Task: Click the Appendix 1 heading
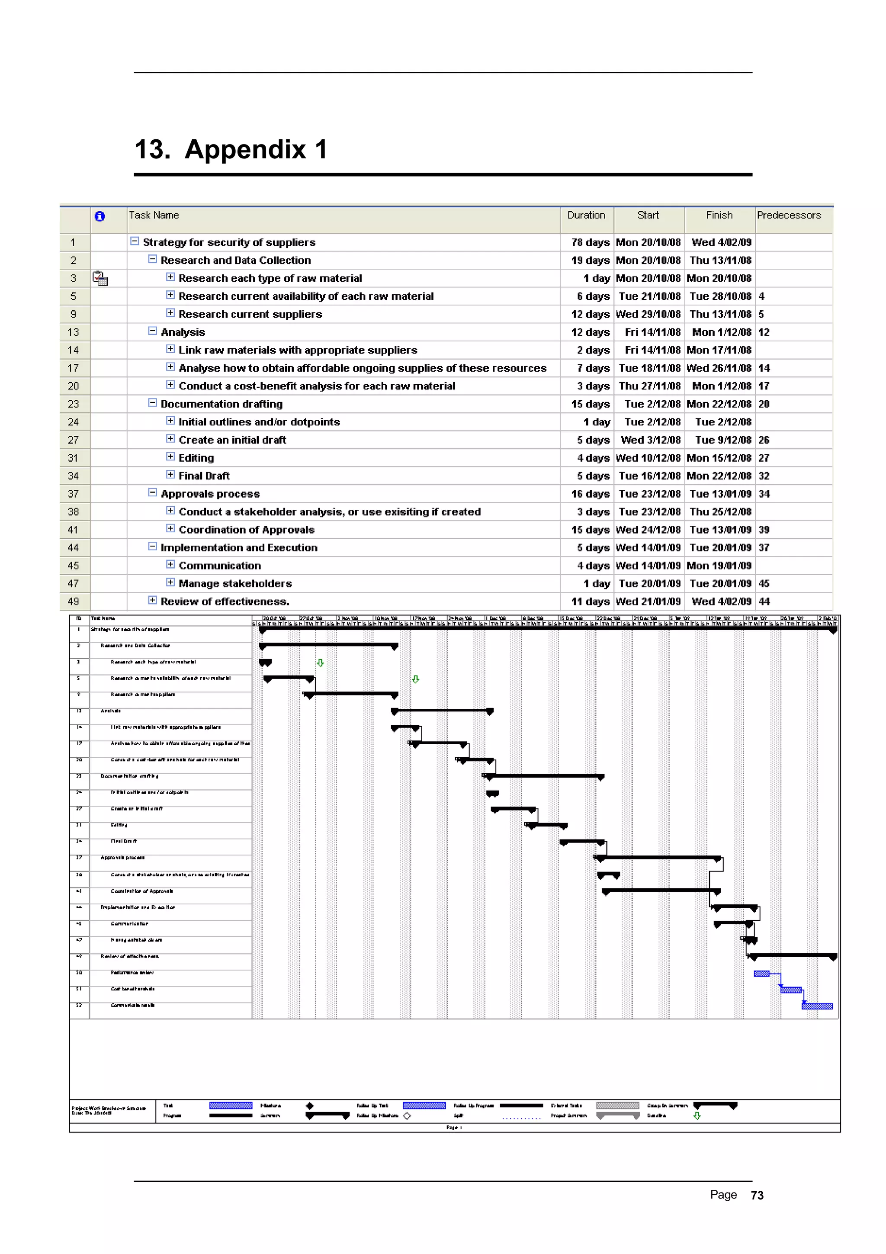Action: coord(231,150)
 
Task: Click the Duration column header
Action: coord(586,215)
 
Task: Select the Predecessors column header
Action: coord(788,215)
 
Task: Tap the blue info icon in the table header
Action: coord(100,216)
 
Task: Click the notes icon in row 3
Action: coord(100,279)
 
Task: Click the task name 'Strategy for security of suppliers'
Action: coord(229,242)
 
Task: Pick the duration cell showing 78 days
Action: coord(590,242)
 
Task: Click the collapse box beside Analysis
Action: coord(153,331)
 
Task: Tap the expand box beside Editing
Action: coord(170,457)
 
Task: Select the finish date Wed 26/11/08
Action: coord(719,368)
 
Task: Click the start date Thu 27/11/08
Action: coord(650,386)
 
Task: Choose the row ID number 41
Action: coord(73,530)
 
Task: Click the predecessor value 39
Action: coord(764,530)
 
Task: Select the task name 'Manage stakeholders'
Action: coord(235,584)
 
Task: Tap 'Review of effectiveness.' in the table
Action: coord(225,602)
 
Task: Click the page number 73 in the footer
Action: coord(757,1196)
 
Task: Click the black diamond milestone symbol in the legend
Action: coord(309,1106)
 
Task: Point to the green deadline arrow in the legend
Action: coord(697,1116)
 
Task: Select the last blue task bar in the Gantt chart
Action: coord(817,1006)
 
